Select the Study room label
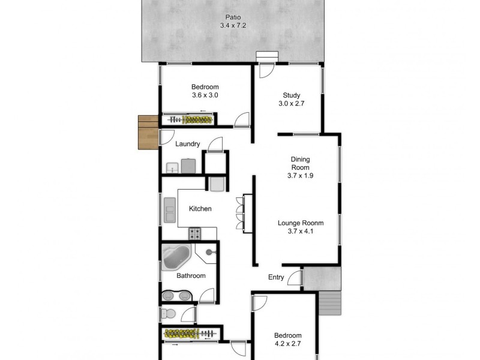click(292, 95)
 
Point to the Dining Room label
click(300, 163)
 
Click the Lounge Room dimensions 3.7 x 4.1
click(301, 232)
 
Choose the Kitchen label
click(200, 209)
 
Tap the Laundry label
click(188, 144)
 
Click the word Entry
click(276, 277)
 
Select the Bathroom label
click(191, 276)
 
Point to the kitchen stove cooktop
click(195, 232)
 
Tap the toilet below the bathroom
click(167, 314)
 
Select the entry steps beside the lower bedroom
click(329, 302)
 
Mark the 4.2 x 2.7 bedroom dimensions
click(287, 344)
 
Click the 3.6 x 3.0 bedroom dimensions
click(205, 95)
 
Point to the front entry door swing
click(294, 278)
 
